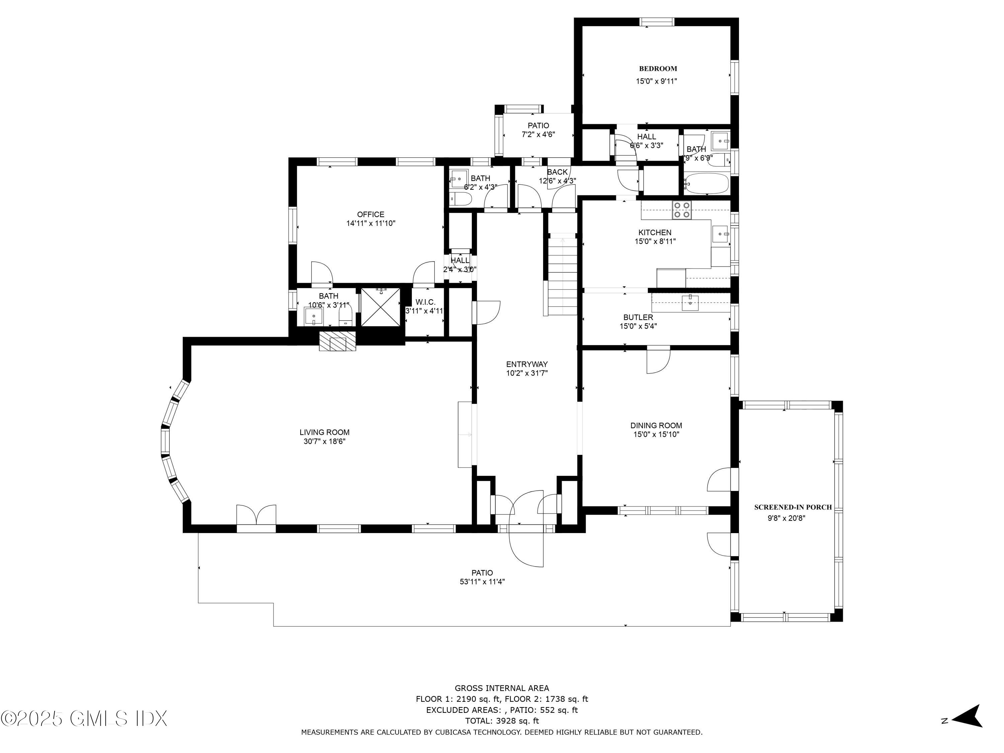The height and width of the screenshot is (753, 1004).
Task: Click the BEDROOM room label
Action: [x=658, y=69]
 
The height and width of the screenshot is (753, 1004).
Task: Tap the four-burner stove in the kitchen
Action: [x=682, y=210]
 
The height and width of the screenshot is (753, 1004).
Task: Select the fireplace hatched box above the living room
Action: [x=337, y=342]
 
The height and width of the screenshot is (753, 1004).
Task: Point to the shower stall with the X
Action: [x=381, y=307]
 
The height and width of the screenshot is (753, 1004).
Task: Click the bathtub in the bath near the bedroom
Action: [x=706, y=183]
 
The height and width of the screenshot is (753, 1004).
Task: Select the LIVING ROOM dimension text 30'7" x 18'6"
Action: [x=325, y=441]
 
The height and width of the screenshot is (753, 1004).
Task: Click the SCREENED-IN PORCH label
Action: [x=792, y=507]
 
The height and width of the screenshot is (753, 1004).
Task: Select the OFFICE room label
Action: [x=370, y=214]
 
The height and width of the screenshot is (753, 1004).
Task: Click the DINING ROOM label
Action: [x=656, y=425]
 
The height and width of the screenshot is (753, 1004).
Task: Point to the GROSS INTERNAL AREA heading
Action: [x=502, y=688]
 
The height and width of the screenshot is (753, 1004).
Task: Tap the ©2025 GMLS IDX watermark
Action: [x=84, y=719]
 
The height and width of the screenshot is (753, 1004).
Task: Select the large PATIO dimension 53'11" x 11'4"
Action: [x=482, y=581]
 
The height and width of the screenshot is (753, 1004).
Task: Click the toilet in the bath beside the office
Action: [x=462, y=199]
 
